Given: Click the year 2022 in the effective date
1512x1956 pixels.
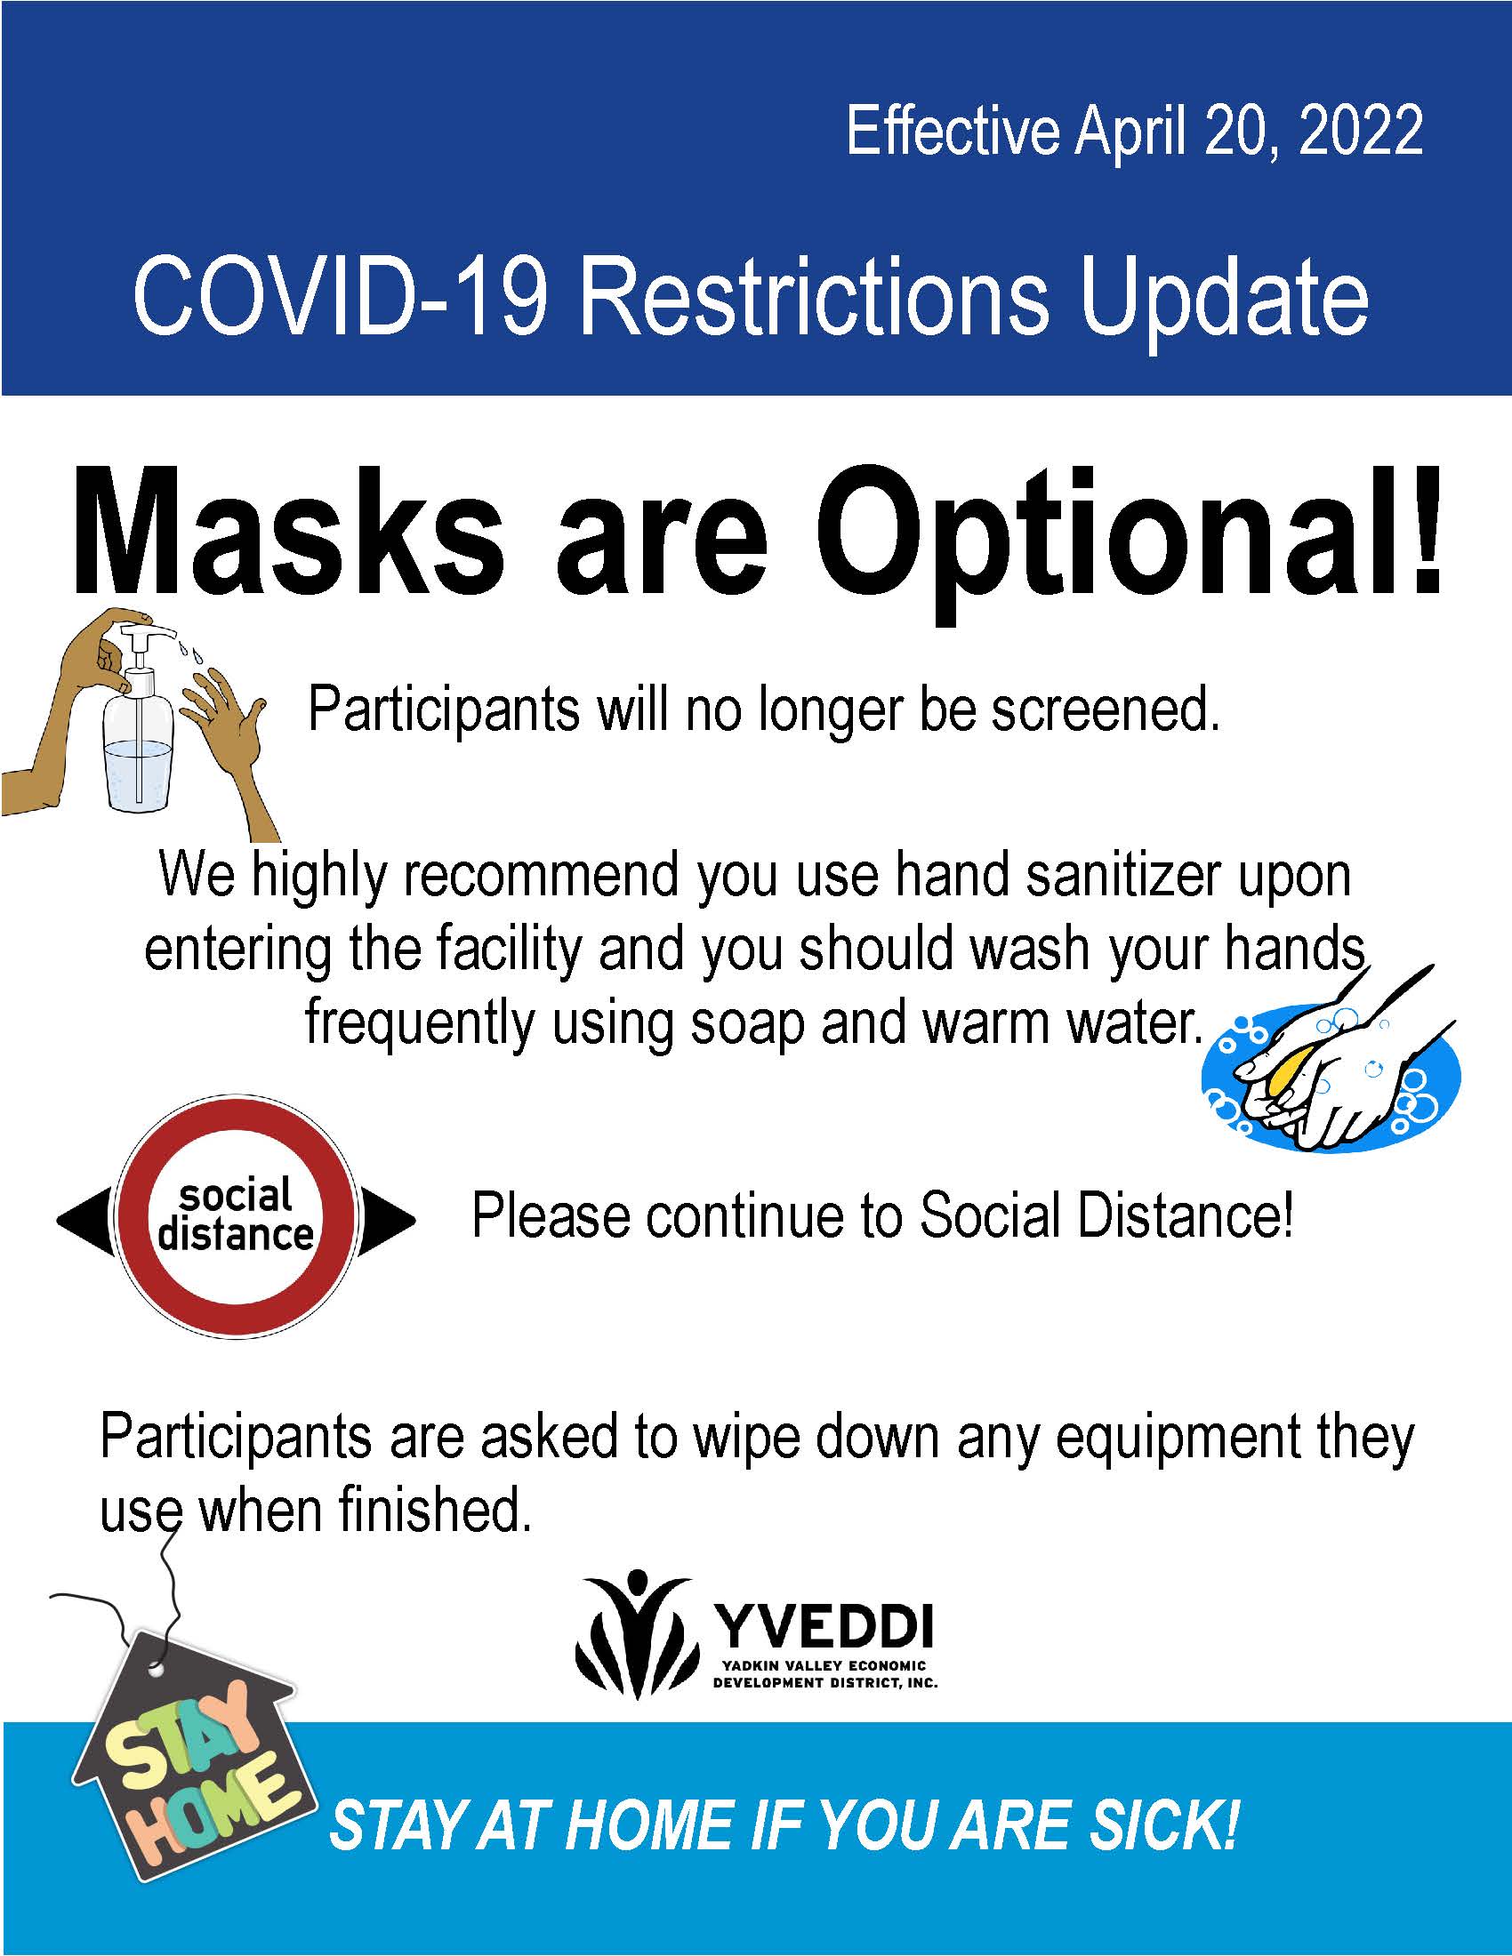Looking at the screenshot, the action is (1360, 132).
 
